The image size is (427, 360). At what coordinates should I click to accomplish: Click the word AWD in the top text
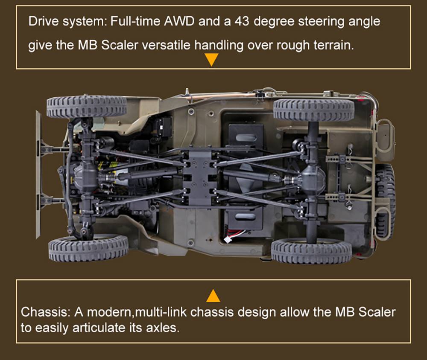coord(179,21)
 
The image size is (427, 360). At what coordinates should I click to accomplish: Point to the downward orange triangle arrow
coord(211,60)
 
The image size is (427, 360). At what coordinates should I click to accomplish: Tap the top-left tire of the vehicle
coord(87,107)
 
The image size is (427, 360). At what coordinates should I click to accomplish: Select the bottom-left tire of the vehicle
coord(88,248)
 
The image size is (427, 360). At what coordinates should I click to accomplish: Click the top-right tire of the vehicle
coord(313,110)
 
